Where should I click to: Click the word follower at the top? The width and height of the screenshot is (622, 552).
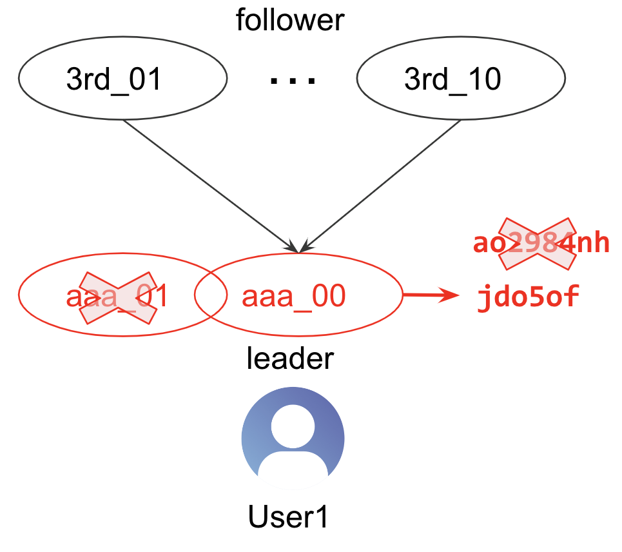point(290,20)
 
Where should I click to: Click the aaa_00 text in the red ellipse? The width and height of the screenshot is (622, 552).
point(294,297)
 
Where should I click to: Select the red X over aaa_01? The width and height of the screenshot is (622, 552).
point(118,297)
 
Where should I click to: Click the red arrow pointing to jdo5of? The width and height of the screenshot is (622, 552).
point(429,296)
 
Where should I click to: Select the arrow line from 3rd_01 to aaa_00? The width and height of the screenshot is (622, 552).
point(206,184)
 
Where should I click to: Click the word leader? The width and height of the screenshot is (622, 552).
point(290,358)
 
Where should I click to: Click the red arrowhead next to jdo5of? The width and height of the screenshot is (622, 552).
point(451,296)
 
